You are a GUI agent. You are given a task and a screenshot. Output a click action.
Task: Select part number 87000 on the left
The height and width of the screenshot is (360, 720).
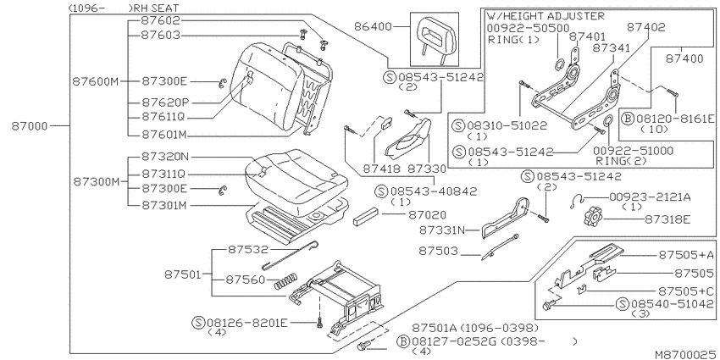30,126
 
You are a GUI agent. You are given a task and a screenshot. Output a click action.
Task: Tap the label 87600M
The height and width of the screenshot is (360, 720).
96,81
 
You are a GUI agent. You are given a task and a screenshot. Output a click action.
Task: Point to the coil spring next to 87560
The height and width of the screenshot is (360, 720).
285,280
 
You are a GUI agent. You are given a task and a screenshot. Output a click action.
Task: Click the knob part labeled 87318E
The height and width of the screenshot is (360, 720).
593,216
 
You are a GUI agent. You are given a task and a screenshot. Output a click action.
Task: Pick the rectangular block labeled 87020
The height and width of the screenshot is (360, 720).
366,216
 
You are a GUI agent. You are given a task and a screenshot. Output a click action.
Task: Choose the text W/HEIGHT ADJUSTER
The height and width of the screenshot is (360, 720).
546,16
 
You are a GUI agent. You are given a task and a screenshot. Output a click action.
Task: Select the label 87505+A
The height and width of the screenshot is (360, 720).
686,255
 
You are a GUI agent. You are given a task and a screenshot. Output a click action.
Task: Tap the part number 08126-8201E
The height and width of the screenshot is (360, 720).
247,323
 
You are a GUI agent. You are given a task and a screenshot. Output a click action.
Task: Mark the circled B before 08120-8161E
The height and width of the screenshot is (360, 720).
627,119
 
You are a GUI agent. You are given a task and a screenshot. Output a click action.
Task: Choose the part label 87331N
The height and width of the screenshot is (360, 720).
441,230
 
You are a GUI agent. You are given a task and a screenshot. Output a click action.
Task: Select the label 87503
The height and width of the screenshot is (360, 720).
438,252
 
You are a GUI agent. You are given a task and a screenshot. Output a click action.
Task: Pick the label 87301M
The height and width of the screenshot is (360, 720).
164,206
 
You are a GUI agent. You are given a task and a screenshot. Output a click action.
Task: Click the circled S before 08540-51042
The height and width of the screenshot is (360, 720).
623,303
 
